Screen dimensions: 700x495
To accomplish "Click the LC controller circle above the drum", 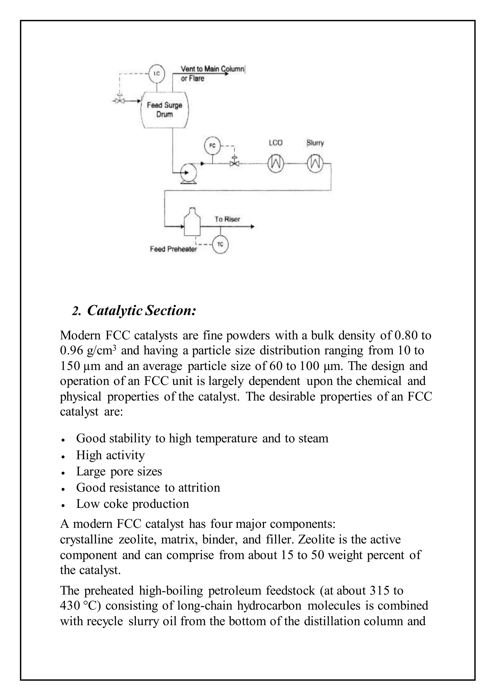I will point(156,74).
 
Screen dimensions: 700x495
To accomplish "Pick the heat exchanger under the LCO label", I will point(276,164).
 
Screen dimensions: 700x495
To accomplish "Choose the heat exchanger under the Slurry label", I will point(315,164).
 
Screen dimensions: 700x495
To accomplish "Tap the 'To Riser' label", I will point(227,219).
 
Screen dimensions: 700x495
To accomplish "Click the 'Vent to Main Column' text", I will point(212,69).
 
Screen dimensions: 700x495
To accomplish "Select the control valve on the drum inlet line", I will point(119,101).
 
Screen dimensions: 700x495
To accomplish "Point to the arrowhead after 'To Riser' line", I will point(252,226).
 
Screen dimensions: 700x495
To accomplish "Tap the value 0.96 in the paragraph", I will point(71,351).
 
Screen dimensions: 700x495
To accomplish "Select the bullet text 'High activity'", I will point(110,455).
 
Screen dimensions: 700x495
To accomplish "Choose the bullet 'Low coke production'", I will point(133,504).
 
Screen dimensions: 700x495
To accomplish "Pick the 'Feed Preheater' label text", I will point(173,249).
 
